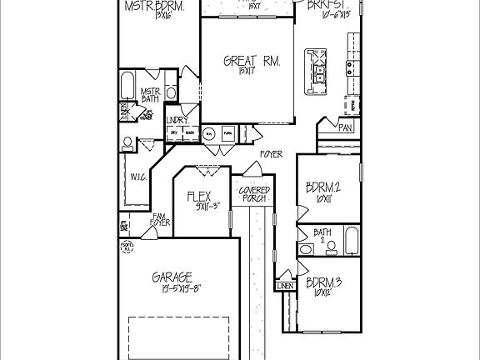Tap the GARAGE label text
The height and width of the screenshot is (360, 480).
click(x=173, y=277)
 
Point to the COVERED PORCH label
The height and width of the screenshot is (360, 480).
click(x=253, y=195)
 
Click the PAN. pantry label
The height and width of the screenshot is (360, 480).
click(x=344, y=127)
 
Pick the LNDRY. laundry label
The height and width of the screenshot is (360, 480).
click(x=178, y=120)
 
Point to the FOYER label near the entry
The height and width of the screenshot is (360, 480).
click(x=270, y=155)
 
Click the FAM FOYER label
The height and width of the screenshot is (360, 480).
click(x=159, y=219)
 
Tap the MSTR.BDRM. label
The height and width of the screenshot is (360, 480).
click(x=154, y=7)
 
